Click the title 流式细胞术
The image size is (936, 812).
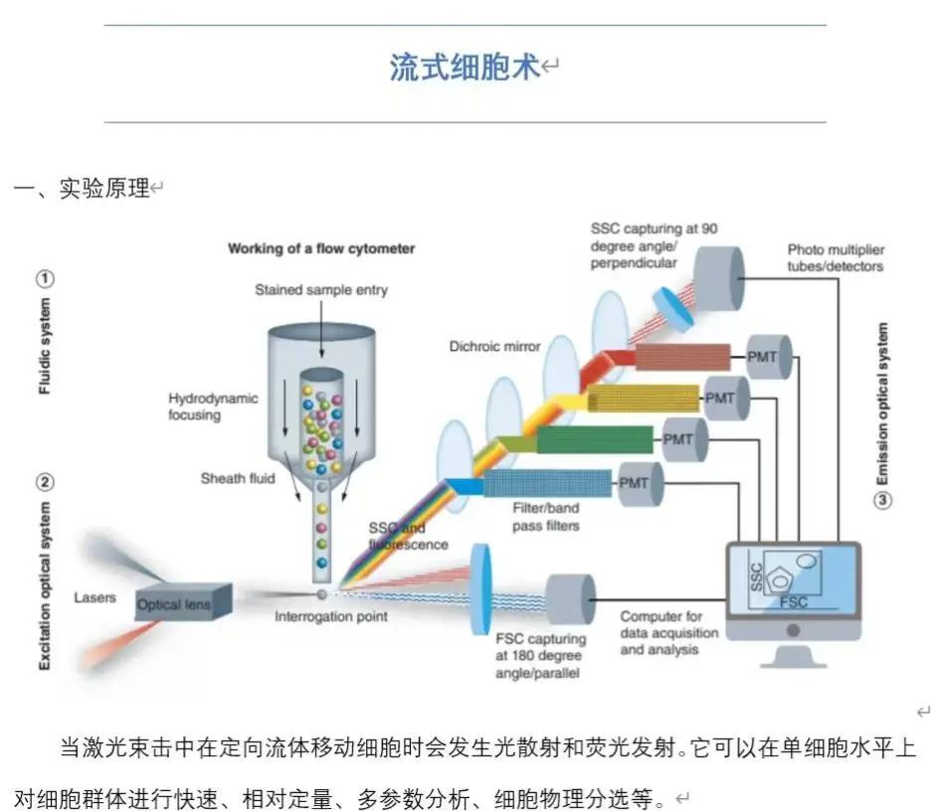(x=466, y=68)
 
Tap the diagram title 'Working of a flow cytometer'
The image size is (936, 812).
(x=321, y=248)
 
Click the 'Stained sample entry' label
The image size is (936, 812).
(x=321, y=290)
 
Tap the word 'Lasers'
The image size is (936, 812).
(x=94, y=597)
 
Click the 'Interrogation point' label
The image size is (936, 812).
(x=331, y=616)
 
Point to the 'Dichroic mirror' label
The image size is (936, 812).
(x=493, y=346)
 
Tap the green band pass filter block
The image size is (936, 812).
(x=594, y=438)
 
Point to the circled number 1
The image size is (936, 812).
(x=45, y=278)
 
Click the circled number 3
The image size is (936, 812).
(x=881, y=500)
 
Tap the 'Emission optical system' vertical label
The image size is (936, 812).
(x=882, y=403)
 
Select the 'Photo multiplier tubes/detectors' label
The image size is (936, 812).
(x=835, y=257)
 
